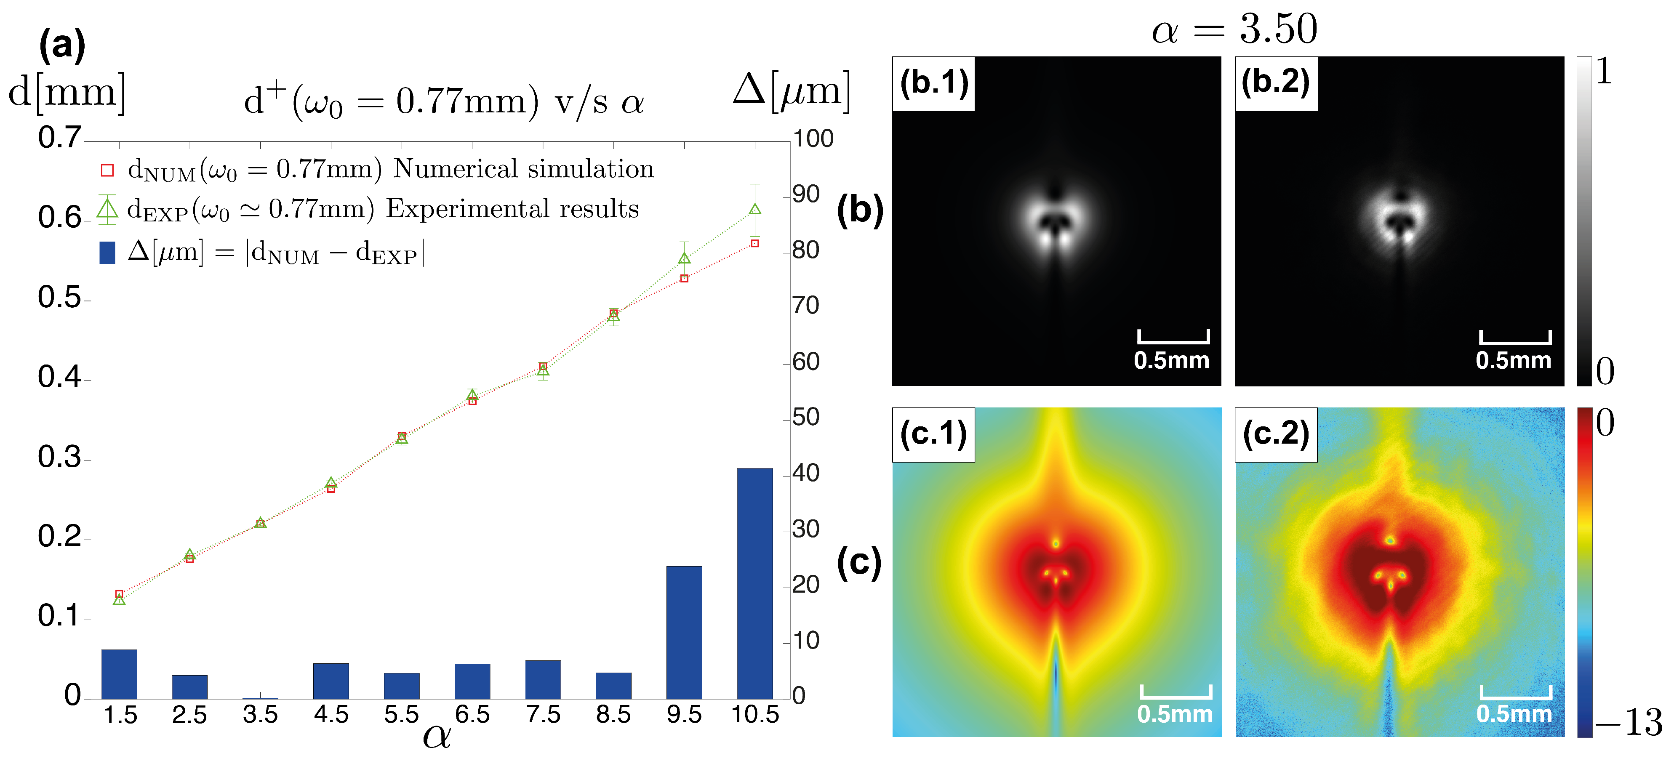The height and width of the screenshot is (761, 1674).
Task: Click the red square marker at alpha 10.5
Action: click(x=754, y=243)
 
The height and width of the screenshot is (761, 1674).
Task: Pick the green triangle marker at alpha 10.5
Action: click(x=754, y=209)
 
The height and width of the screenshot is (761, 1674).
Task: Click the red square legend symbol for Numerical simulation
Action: click(x=107, y=170)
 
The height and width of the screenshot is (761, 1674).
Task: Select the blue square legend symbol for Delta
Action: click(x=107, y=252)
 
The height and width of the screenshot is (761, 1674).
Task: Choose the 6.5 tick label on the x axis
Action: click(x=472, y=714)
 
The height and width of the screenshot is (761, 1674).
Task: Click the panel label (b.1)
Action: click(x=934, y=83)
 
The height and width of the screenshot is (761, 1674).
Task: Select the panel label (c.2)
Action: click(x=1276, y=434)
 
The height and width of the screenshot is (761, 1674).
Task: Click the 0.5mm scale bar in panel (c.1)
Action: click(x=1176, y=693)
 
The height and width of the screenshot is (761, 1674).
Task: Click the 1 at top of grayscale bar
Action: click(x=1604, y=72)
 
